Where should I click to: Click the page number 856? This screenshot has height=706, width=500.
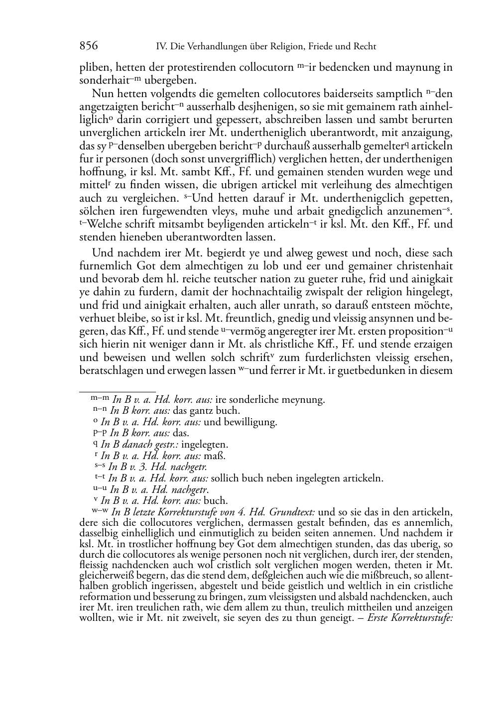[x=89, y=46]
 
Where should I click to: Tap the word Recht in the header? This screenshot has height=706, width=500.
[x=365, y=47]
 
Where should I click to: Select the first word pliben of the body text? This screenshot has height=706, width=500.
[x=93, y=68]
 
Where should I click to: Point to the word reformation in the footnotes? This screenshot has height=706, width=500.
[x=103, y=596]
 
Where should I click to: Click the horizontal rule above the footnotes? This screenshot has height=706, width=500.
[x=118, y=391]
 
